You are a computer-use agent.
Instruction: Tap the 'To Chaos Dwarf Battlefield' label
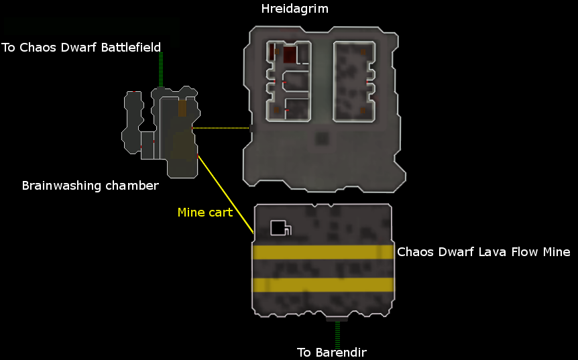tap(81, 47)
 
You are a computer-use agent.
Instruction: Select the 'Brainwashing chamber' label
tap(91, 186)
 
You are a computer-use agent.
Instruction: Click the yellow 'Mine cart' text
tap(205, 213)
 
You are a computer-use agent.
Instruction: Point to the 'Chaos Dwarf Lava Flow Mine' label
tap(483, 252)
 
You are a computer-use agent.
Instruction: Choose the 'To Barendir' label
tap(332, 352)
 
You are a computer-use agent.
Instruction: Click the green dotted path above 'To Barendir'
tap(337, 333)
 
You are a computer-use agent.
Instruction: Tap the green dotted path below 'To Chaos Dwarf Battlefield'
tap(161, 69)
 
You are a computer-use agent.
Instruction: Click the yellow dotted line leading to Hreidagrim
tap(221, 128)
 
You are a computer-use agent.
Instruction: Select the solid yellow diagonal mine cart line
tap(225, 194)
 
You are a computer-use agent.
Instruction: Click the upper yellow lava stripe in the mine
tap(323, 252)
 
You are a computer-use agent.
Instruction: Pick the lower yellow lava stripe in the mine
tap(323, 284)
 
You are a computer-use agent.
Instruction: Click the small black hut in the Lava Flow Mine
tap(280, 228)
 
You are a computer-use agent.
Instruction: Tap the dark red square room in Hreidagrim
tap(290, 55)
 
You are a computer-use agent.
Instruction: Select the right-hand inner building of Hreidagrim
tap(353, 81)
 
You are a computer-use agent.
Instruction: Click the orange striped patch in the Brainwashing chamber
tap(182, 107)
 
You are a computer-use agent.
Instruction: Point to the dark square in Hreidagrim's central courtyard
tap(323, 139)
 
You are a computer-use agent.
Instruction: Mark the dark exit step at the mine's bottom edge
tap(337, 320)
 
